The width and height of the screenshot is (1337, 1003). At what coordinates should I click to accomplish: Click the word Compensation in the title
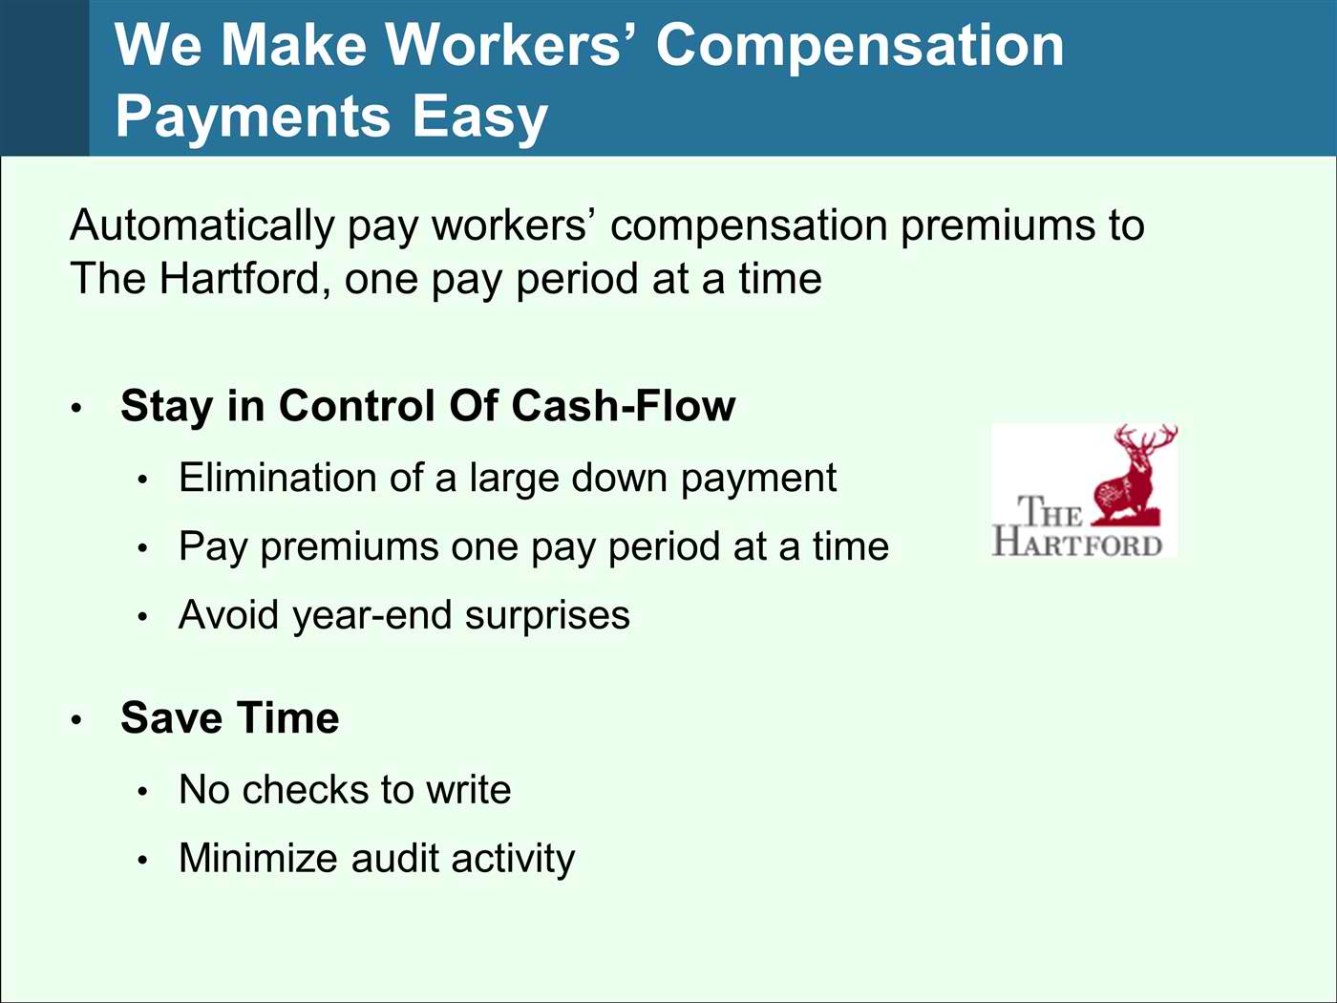click(x=860, y=48)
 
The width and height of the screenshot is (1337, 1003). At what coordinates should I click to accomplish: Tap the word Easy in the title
click(x=480, y=117)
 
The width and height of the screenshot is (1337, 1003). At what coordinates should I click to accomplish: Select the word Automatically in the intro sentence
click(x=202, y=226)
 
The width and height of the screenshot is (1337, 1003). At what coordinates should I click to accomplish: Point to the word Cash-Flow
click(x=624, y=406)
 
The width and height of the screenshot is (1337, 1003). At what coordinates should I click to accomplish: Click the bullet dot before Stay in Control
click(x=76, y=408)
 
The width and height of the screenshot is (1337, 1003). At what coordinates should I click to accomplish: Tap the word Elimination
click(x=277, y=477)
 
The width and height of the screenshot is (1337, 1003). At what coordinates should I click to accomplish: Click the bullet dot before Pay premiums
click(x=142, y=548)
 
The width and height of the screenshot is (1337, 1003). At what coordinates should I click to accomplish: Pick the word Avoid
click(x=229, y=614)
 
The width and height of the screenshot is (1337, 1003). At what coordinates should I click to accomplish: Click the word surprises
click(x=547, y=616)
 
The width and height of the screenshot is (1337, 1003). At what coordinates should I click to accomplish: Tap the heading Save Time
click(x=230, y=717)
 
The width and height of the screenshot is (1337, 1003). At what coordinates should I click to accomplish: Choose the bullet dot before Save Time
click(x=76, y=720)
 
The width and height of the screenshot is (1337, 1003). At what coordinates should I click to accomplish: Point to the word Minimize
click(x=258, y=858)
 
